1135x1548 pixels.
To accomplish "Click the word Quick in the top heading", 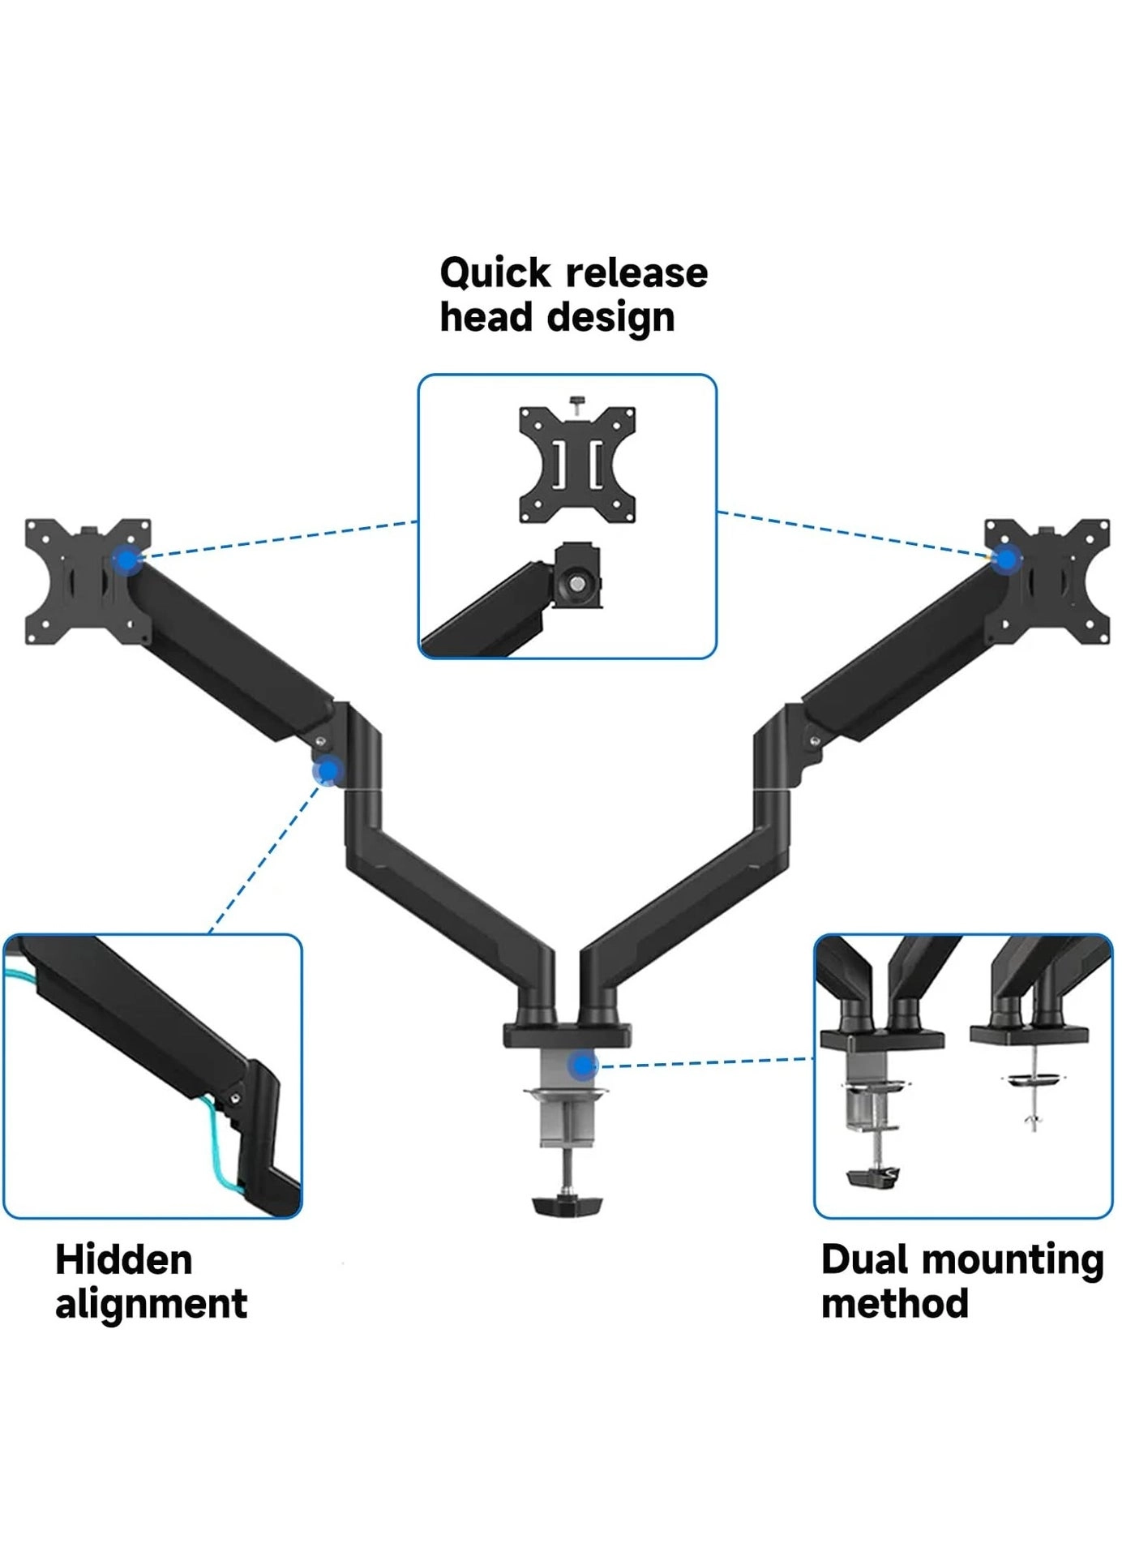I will tap(495, 274).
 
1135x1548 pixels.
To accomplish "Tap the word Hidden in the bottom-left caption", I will tap(123, 1262).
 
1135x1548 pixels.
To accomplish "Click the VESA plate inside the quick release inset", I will tap(576, 465).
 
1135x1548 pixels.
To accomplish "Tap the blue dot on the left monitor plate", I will tap(125, 560).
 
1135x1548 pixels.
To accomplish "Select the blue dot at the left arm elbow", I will tap(328, 771).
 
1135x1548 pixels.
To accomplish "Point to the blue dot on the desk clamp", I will tap(582, 1066).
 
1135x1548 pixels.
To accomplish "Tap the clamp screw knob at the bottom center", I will tap(568, 1205).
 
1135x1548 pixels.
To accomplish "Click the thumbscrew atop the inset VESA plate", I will tap(576, 402).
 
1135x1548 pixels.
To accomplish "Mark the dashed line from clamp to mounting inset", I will tap(705, 1062).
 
